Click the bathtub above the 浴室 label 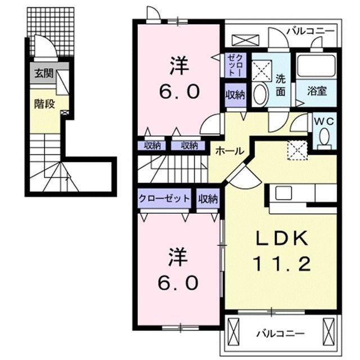point(316,66)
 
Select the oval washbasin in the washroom point(260,94)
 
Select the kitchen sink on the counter point(283,192)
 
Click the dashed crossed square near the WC point(297,150)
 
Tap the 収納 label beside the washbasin point(235,94)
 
